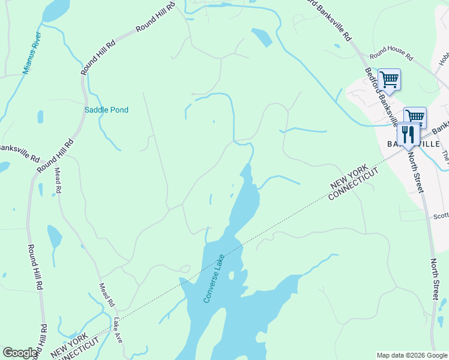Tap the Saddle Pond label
click(x=106, y=110)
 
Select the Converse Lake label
click(x=214, y=278)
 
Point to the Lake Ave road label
click(x=118, y=331)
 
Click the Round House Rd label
click(x=391, y=56)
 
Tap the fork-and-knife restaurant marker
click(x=408, y=135)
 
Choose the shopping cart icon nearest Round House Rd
click(x=389, y=80)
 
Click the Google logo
click(x=20, y=353)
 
